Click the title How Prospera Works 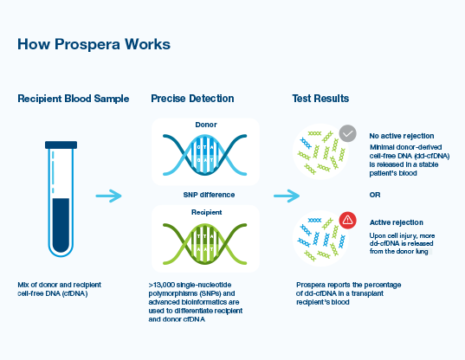[x=94, y=43]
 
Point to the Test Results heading [x=320, y=99]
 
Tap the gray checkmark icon [x=347, y=133]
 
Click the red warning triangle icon [x=347, y=220]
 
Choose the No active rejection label [x=400, y=136]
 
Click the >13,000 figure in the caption [x=165, y=284]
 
